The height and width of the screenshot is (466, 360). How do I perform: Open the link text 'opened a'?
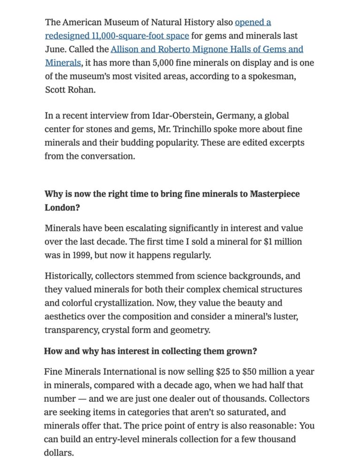tap(253, 22)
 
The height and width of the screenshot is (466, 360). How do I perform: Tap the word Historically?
tap(68, 276)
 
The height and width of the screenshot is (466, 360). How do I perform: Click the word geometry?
tap(190, 330)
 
